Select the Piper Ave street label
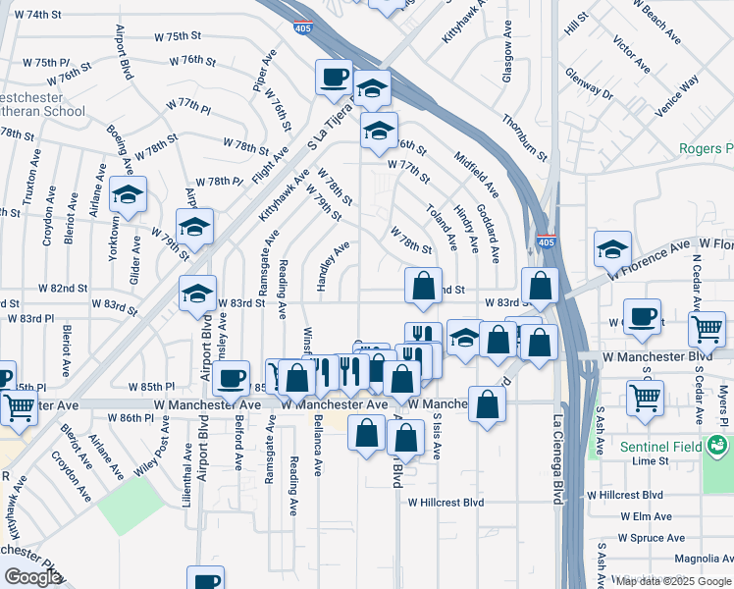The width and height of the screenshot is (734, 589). [262, 70]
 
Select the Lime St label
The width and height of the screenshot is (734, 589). [651, 460]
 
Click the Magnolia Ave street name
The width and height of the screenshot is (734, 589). [701, 559]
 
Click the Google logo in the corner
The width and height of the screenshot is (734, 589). [32, 577]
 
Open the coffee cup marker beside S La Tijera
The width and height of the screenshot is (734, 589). [334, 77]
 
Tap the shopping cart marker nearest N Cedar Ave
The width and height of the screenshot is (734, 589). [707, 329]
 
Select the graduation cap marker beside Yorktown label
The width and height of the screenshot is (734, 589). [128, 194]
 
